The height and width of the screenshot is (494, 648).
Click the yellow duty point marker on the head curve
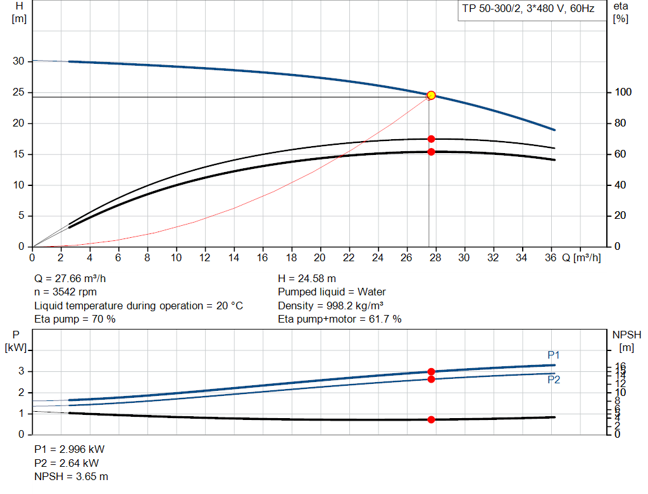point(431,95)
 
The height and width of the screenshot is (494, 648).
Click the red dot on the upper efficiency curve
point(431,139)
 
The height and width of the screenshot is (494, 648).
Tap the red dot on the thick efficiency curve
point(431,152)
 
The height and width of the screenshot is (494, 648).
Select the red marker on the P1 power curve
point(431,372)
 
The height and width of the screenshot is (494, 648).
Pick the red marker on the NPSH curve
point(431,419)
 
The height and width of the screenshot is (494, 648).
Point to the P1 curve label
point(554,355)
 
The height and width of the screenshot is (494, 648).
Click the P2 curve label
point(554,380)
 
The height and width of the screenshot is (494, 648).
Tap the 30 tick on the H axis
point(18,61)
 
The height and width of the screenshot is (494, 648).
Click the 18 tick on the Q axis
point(291,257)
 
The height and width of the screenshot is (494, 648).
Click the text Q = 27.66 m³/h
point(74,278)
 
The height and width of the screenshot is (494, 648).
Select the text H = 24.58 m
point(307,278)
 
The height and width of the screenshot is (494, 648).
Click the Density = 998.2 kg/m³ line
point(331,306)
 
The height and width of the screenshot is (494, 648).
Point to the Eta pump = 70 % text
point(75,319)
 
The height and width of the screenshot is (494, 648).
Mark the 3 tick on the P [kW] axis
point(21,371)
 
